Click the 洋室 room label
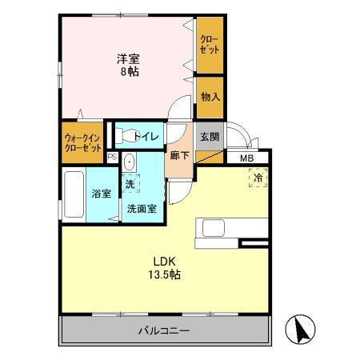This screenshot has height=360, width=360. pos(129,58)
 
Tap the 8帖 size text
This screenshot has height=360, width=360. pos(129,70)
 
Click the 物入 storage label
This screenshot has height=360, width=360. pos(210,97)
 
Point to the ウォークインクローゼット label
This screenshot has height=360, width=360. pos(82,142)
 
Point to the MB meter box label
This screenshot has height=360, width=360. pos(248,158)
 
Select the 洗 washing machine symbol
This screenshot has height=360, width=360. pos(130,183)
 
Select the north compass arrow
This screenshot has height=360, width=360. pos(302,330)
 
